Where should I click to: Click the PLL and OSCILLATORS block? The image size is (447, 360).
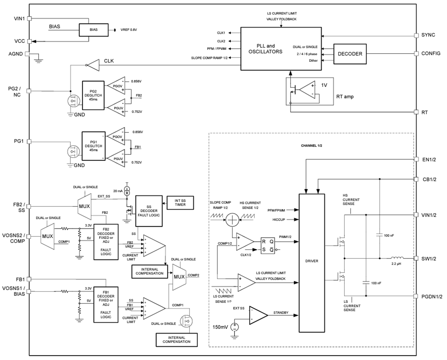(x=265, y=49)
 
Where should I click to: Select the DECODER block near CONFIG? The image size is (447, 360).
(x=350, y=54)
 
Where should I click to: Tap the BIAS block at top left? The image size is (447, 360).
(x=93, y=30)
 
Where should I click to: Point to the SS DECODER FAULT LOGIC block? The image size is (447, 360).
(x=148, y=211)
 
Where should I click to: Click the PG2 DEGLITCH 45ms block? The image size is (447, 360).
(x=93, y=95)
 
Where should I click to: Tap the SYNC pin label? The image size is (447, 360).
(x=428, y=35)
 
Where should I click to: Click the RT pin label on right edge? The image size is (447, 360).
(x=425, y=112)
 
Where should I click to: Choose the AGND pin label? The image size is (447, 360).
(x=16, y=54)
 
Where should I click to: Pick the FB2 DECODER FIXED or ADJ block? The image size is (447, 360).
(x=106, y=241)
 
